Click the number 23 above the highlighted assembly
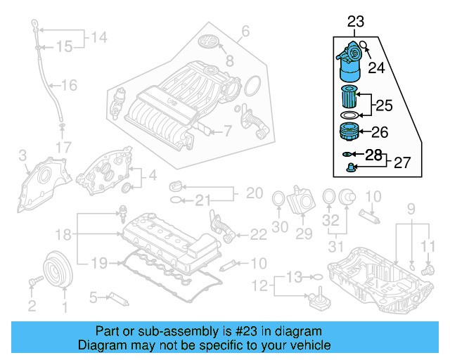point(356,23)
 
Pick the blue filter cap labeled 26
point(349,131)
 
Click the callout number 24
point(378,68)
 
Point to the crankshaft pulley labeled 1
point(55,270)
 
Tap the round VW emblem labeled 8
point(210,41)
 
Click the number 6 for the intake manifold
point(245,30)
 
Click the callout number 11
point(429,245)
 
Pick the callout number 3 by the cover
point(22,155)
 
